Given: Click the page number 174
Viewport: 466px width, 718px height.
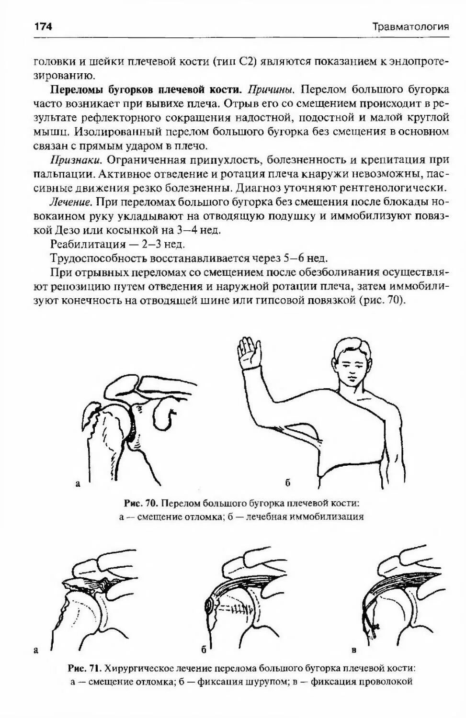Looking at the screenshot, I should pyautogui.click(x=43, y=26).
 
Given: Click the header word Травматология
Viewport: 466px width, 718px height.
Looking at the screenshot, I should pyautogui.click(x=410, y=27).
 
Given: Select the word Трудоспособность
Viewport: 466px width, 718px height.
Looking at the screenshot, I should pyautogui.click(x=99, y=258).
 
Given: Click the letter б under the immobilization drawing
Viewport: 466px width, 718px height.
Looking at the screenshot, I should pyautogui.click(x=288, y=483).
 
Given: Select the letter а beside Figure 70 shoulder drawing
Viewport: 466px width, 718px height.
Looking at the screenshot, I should pyautogui.click(x=77, y=484).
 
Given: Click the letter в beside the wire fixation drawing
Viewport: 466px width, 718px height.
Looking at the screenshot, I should pyautogui.click(x=354, y=650).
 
